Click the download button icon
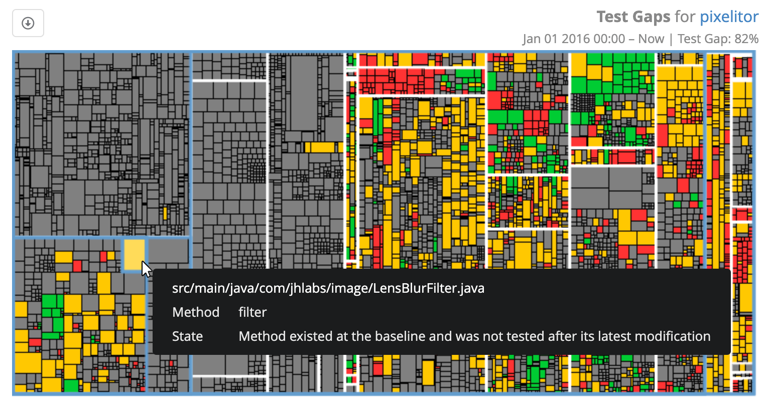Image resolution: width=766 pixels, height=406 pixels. point(28,23)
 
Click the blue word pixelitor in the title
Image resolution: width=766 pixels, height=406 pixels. point(729,17)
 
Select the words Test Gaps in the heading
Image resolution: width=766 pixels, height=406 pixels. point(633,17)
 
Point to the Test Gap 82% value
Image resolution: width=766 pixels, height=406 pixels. point(718,39)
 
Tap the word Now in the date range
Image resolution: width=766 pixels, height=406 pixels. point(651,39)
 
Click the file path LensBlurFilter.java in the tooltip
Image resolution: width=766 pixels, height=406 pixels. point(328,288)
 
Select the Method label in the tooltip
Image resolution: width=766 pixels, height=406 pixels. point(196,312)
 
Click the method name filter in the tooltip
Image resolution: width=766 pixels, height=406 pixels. point(252,312)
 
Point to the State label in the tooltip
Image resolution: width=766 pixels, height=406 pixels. point(187,336)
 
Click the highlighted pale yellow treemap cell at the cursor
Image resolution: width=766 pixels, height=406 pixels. point(134,255)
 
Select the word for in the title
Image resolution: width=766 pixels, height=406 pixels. point(685,17)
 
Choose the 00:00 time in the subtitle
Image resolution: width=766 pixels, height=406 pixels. point(609,39)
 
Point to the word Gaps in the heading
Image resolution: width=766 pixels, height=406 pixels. point(651,17)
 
